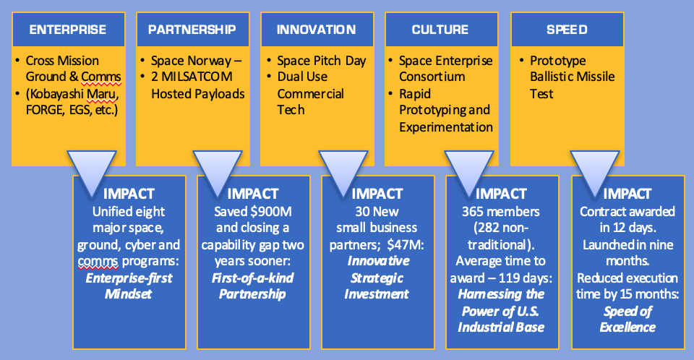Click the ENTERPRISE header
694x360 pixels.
pos(68,30)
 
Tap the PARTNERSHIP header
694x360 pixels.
pos(192,30)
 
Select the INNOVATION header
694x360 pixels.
pos(317,30)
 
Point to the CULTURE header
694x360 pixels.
pos(440,30)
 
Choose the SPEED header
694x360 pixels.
pos(567,30)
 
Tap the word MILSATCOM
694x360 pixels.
pos(197,77)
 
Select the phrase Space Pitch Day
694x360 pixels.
pos(321,61)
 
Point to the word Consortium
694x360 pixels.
pos(432,77)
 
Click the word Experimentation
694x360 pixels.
pos(446,127)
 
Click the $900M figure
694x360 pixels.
pos(270,212)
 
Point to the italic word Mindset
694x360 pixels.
pos(129,294)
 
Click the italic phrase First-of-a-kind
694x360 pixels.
pos(253,278)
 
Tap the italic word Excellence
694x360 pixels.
pos(627,327)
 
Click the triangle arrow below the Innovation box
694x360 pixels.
pos(343,171)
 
